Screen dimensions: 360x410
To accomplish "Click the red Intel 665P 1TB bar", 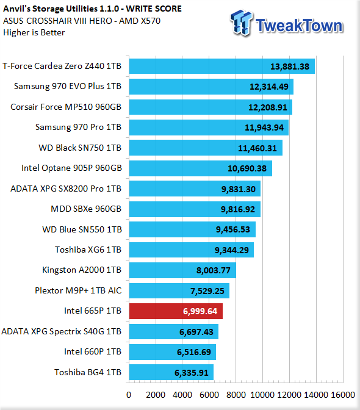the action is coord(176,311).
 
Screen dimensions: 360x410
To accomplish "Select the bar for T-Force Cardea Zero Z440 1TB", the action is coord(221,66).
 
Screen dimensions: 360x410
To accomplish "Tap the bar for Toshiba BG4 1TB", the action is coord(171,372).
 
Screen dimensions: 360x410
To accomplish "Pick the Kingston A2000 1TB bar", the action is coord(182,270).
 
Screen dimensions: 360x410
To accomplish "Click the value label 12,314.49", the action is coord(268,87).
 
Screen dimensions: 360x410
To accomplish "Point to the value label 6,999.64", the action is coord(200,311).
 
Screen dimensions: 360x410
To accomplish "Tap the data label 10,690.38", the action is coord(247,168).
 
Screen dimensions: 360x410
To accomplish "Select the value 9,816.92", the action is coord(237,209).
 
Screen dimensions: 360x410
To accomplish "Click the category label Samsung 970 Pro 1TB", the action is coord(79,127).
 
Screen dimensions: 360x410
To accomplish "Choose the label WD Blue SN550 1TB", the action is coord(82,229).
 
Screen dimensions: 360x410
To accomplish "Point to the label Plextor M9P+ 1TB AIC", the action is coord(78,290).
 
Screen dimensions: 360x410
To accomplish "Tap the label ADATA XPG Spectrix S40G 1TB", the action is coord(62,331).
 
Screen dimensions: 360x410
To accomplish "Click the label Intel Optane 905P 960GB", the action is coord(71,168).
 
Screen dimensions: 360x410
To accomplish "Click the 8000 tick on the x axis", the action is coord(236,395).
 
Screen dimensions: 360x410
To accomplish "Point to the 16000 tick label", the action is coord(343,395).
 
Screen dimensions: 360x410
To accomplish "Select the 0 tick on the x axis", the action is coord(129,395).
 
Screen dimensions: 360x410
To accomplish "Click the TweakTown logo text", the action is coord(299,26).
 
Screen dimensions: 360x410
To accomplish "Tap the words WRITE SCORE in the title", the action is coord(154,9).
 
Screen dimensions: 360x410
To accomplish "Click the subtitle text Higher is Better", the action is coord(34,33).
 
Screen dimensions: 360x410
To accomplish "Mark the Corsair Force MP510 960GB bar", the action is coord(211,107).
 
